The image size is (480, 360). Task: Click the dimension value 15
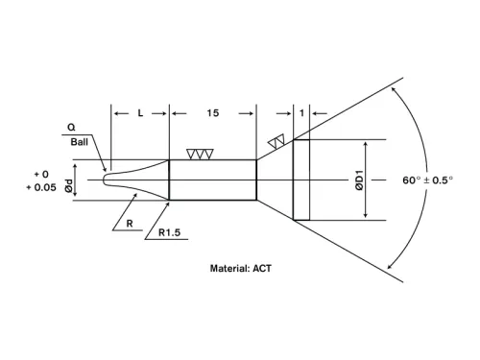click(x=213, y=113)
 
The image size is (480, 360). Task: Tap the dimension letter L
click(x=140, y=113)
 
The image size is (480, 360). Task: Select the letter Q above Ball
click(x=72, y=126)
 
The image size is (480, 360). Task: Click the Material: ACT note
click(x=241, y=269)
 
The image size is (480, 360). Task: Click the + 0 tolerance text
click(x=41, y=173)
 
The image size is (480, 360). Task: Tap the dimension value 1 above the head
click(x=301, y=113)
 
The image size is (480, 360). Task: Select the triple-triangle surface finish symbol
click(x=201, y=154)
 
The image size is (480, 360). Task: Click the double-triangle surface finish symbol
click(x=277, y=142)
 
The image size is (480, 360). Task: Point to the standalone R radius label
click(x=128, y=224)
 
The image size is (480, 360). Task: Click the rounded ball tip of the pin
click(x=107, y=180)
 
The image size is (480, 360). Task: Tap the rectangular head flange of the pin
click(x=301, y=180)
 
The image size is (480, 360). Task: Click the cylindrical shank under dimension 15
click(x=213, y=180)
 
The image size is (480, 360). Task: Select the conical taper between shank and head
click(x=275, y=180)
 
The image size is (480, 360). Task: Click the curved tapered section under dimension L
click(x=144, y=180)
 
